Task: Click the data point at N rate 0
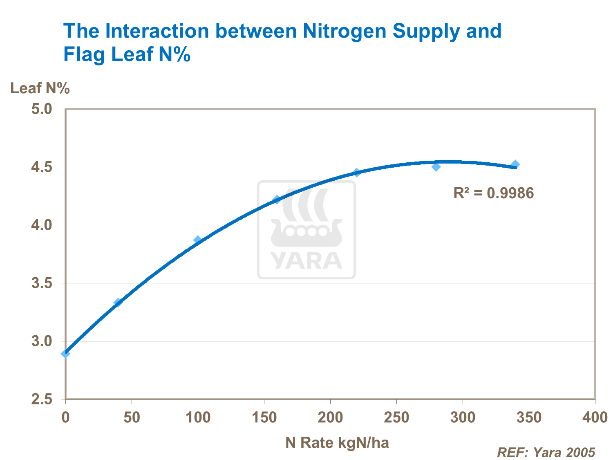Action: point(65,353)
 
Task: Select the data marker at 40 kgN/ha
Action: point(118,303)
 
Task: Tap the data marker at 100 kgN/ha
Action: point(198,240)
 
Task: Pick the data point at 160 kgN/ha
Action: point(277,200)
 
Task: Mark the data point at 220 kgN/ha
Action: point(357,173)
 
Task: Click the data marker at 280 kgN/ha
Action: point(436,167)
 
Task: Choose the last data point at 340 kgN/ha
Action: point(515,164)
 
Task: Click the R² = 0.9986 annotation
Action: point(494,193)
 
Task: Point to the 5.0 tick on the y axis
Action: point(43,109)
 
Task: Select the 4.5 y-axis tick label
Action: point(43,167)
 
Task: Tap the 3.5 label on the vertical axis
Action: point(43,283)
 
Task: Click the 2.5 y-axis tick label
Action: point(43,399)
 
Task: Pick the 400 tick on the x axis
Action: point(595,417)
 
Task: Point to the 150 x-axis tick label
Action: point(264,417)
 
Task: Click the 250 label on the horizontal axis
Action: point(396,417)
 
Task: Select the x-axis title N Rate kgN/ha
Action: point(337,442)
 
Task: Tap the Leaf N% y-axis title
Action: point(40,88)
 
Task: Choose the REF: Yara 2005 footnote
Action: point(546,452)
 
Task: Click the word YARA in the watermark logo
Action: point(306,261)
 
